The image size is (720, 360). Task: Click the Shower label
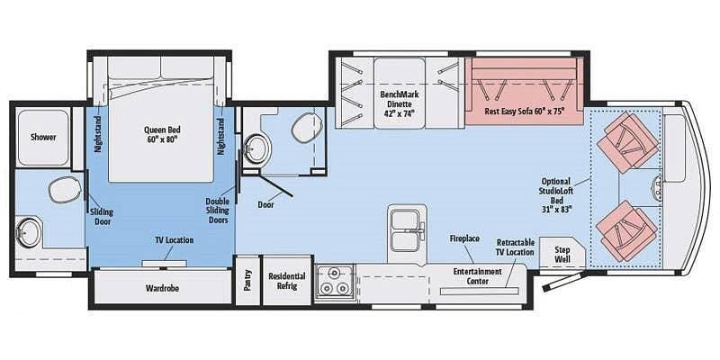click(43, 138)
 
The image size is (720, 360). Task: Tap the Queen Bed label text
click(162, 134)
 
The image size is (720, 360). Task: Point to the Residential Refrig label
click(286, 282)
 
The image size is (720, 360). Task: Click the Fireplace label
click(464, 238)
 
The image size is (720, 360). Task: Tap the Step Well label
click(563, 254)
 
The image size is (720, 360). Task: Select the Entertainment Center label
click(477, 276)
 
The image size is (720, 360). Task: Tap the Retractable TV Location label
click(515, 247)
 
